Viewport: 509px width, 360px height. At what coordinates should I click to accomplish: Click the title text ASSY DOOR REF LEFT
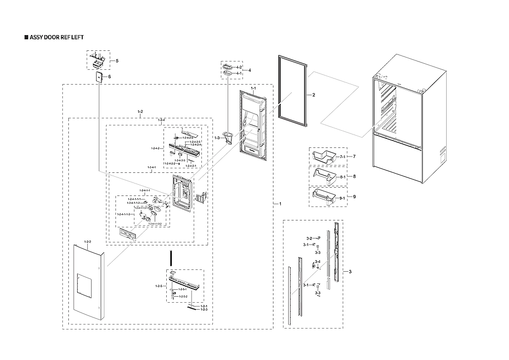(x=56, y=37)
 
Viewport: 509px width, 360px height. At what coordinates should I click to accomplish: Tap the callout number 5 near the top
(x=117, y=61)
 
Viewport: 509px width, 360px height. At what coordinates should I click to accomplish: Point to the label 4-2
(x=239, y=67)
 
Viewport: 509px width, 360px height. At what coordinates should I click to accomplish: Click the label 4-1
(x=239, y=73)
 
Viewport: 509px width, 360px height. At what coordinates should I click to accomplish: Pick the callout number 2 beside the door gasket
(x=314, y=95)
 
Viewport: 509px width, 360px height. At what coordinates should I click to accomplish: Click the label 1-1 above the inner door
(x=253, y=88)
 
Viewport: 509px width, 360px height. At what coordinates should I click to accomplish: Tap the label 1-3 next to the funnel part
(x=217, y=138)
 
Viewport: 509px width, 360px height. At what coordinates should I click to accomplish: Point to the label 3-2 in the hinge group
(x=309, y=238)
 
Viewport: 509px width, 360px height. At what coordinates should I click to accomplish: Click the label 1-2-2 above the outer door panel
(x=88, y=242)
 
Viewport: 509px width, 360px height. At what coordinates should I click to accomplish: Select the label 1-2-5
(x=159, y=287)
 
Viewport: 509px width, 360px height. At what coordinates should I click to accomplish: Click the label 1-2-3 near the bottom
(x=204, y=310)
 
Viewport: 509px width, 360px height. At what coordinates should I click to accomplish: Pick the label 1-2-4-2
(x=155, y=148)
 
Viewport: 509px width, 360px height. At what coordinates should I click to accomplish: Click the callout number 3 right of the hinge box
(x=350, y=271)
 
